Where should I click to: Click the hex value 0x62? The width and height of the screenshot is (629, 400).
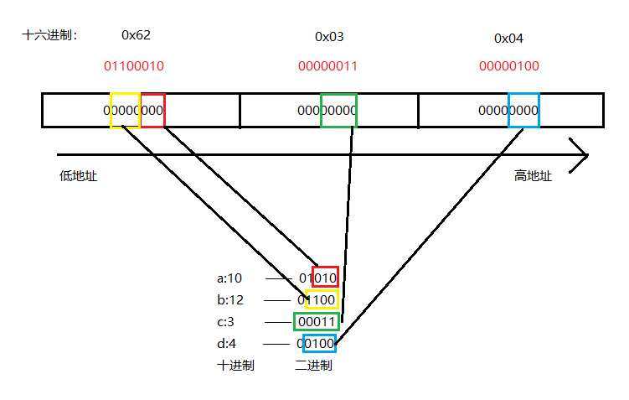click(136, 35)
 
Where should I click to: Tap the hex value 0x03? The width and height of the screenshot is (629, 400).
click(329, 37)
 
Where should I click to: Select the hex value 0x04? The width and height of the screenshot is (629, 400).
click(508, 38)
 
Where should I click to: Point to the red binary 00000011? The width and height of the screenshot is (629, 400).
click(328, 65)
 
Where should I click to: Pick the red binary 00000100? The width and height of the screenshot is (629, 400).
click(508, 65)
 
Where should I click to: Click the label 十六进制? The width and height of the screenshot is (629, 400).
click(49, 35)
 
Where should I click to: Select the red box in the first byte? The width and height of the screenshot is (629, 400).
click(152, 110)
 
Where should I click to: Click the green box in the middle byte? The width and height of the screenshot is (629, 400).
click(338, 110)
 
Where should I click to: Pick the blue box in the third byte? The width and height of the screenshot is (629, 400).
click(523, 110)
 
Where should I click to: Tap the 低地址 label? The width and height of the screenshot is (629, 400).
click(73, 176)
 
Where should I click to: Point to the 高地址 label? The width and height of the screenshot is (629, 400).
click(534, 176)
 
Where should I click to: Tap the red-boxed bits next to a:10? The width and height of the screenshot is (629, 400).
click(326, 278)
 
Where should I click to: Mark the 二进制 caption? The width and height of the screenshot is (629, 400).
click(314, 366)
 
